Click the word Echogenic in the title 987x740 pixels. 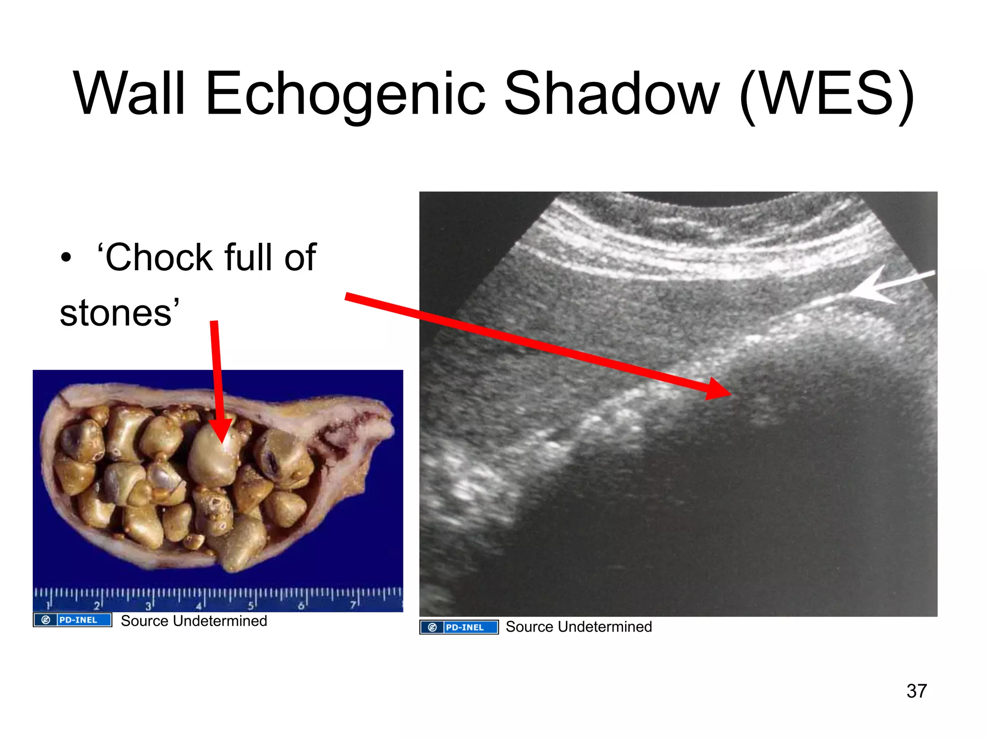[x=345, y=94]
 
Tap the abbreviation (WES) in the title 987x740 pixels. [x=826, y=94]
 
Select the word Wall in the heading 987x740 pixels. [x=129, y=94]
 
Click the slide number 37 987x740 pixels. [x=916, y=691]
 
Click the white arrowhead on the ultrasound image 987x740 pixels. [x=867, y=288]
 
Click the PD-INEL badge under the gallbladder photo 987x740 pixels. [x=73, y=620]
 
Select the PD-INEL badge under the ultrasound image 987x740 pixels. [x=459, y=627]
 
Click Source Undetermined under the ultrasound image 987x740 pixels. [x=578, y=627]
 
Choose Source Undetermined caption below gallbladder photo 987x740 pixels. [x=194, y=621]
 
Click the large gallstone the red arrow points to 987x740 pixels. [x=212, y=458]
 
